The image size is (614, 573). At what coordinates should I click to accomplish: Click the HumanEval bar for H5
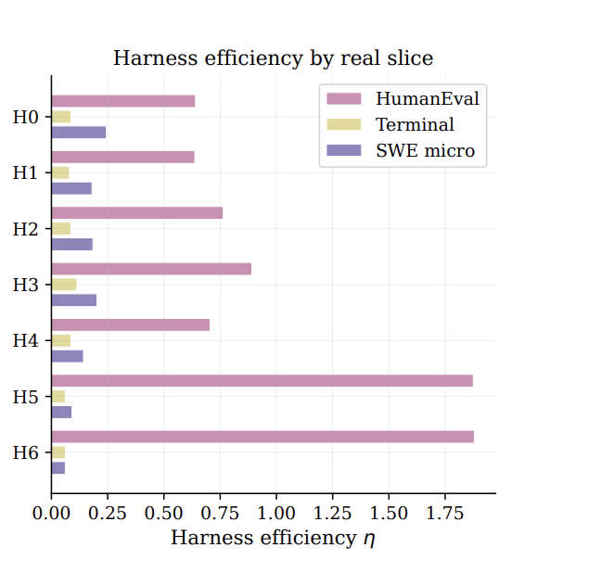coord(262,381)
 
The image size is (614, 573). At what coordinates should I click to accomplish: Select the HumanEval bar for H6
coord(262,437)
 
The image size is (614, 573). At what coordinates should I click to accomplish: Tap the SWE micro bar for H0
coord(79,133)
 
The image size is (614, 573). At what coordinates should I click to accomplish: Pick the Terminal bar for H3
coord(64,285)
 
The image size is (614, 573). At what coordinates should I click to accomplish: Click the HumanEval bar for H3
coord(151,269)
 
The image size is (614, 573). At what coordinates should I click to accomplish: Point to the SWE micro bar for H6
coord(58,468)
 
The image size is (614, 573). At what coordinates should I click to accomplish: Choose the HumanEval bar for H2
coord(137,213)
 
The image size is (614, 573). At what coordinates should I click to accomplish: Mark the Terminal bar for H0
coord(61,117)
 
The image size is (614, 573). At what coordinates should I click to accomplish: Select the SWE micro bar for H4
coord(68,356)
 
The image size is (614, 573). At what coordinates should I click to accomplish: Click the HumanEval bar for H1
coord(123,157)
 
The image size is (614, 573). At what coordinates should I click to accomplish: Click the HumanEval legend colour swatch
coord(344,98)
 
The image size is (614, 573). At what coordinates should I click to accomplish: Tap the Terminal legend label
coord(416,124)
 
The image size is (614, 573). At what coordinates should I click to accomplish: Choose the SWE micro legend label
coord(426,151)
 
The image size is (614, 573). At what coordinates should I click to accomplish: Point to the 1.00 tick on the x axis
coord(276,496)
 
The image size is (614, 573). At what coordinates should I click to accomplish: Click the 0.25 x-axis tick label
coord(108,513)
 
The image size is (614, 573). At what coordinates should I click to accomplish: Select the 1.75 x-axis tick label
coord(445,513)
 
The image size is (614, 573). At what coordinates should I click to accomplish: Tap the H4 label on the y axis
coord(26,340)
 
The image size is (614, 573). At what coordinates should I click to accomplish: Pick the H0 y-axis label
coord(26,117)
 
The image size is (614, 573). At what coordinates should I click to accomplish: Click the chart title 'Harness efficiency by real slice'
coord(274,57)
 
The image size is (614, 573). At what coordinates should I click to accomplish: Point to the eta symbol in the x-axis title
coord(369,540)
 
